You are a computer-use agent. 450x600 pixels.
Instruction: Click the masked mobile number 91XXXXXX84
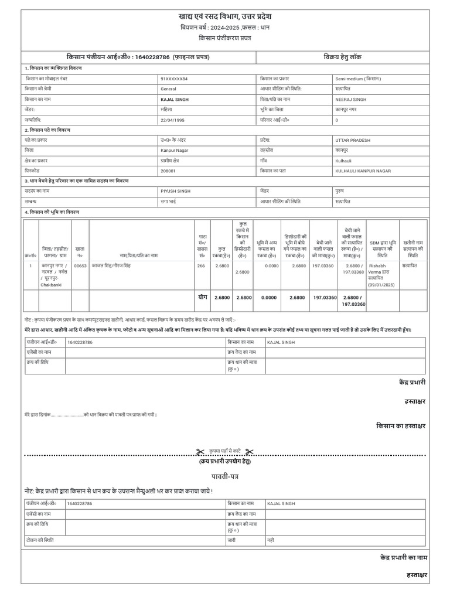tap(174, 79)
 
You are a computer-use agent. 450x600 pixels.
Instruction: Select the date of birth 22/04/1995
tap(173, 120)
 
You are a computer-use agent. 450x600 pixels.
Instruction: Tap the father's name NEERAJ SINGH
tap(350, 100)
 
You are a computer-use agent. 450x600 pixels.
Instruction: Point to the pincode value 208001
tap(168, 171)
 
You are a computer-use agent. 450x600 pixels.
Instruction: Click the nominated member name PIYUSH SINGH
tap(175, 191)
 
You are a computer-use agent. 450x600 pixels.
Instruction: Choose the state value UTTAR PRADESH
tap(353, 141)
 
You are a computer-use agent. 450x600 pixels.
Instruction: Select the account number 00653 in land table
tap(80, 266)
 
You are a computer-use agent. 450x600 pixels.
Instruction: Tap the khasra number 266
tap(201, 266)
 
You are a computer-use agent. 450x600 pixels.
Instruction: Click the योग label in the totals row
tap(203, 298)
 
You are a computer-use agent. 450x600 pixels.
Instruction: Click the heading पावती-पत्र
tap(225, 476)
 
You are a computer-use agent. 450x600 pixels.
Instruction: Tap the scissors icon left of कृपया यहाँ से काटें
tap(200, 451)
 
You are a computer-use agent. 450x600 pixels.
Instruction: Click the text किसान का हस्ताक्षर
tap(401, 425)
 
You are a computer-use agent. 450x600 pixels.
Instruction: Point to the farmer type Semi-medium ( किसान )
tap(358, 79)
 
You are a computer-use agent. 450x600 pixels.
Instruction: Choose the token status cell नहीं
tap(271, 538)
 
